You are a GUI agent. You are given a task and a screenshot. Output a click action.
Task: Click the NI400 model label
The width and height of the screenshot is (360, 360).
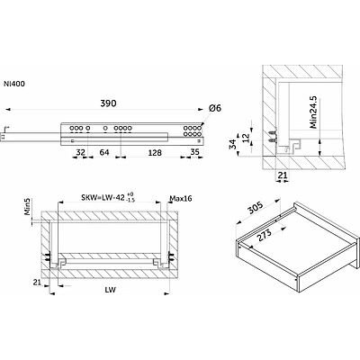pos(14,84)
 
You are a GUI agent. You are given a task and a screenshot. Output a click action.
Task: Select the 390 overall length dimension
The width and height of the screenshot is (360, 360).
pos(108,103)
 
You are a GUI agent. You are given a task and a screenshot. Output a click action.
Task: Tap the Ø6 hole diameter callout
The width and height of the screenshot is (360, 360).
pos(215,108)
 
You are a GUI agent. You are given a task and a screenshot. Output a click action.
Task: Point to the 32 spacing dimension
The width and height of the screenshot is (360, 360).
pos(80,152)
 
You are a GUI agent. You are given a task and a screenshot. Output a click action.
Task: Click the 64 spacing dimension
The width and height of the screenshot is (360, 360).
pos(104,152)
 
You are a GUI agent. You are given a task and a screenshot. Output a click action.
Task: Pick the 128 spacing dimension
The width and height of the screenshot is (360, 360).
pos(155,153)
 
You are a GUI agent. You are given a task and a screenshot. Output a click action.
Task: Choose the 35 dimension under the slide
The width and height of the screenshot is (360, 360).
pos(195,152)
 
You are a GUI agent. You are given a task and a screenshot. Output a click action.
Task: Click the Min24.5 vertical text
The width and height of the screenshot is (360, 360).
pos(314,112)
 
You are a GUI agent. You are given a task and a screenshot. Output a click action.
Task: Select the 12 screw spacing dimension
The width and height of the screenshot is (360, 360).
pos(246,138)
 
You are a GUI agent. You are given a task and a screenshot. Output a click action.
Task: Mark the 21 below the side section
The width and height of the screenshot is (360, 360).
pos(282,175)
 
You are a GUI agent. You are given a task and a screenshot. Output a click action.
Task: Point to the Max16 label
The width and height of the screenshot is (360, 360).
pos(181,198)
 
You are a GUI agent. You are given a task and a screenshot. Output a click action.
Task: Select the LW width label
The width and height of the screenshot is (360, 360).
pos(111,290)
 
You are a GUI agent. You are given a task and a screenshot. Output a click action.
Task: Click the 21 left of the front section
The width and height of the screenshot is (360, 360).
pos(37,283)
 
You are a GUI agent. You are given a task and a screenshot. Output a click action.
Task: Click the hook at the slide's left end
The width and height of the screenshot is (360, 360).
pos(6,129)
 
